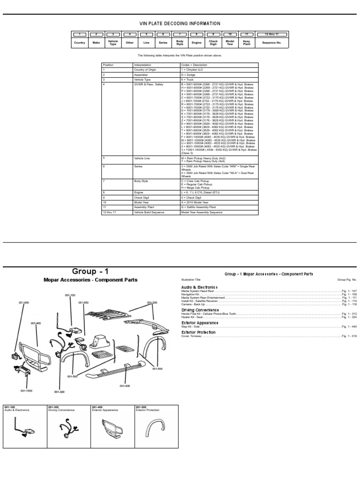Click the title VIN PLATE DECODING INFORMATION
pyautogui.click(x=180, y=24)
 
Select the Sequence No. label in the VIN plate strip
pyautogui.click(x=271, y=43)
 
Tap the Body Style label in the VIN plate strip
pyautogui.click(x=180, y=43)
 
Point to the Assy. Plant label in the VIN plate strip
pyautogui.click(x=247, y=43)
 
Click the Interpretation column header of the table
pyautogui.click(x=142, y=65)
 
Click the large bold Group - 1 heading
pyautogui.click(x=90, y=271)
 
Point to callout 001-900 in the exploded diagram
pyautogui.click(x=83, y=302)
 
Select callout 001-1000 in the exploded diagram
pyautogui.click(x=26, y=390)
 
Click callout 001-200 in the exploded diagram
pyautogui.click(x=152, y=302)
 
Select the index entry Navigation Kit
pyautogui.click(x=189, y=294)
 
